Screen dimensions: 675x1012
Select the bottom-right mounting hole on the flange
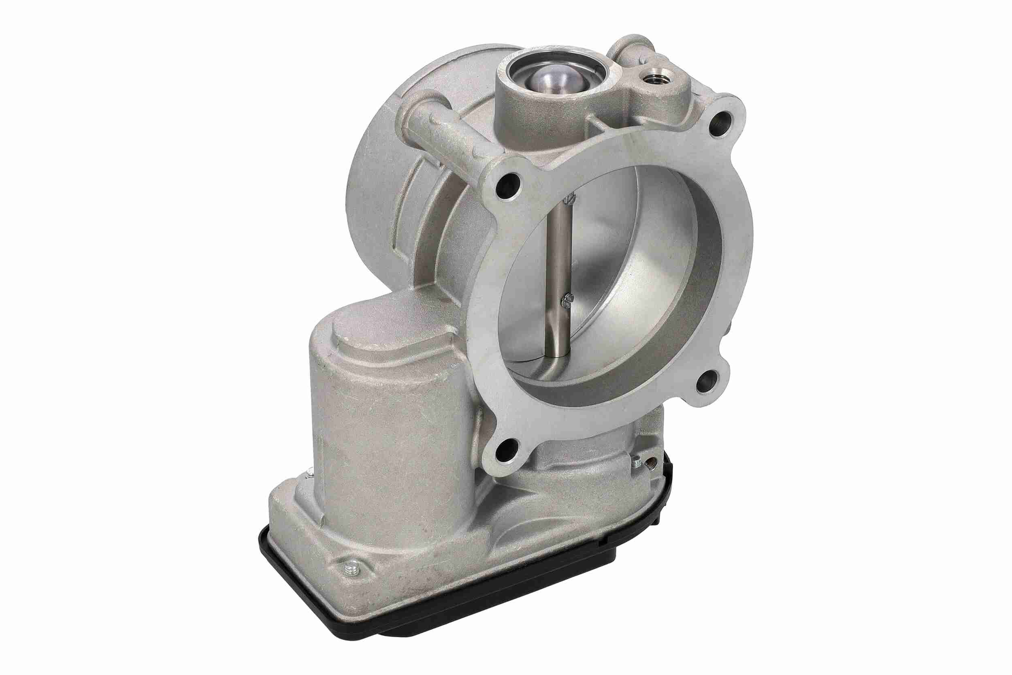point(707,380)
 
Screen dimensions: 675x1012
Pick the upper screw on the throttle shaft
point(569,199)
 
